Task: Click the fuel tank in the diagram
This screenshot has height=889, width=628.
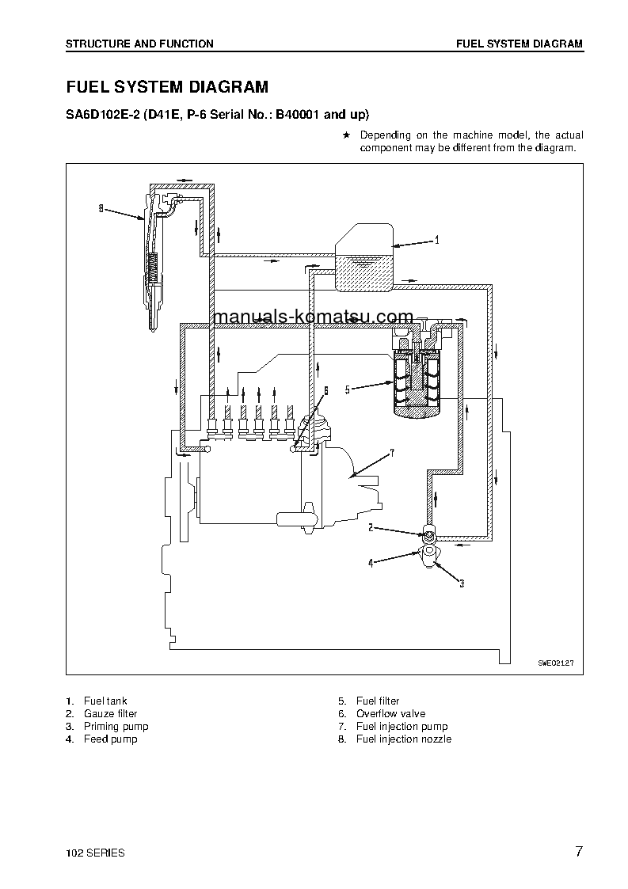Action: (363, 257)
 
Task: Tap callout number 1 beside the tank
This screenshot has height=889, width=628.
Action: (436, 238)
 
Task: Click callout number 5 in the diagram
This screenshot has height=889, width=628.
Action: (347, 389)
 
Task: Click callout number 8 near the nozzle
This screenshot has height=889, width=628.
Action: (101, 209)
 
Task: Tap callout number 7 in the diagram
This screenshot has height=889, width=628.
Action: (391, 453)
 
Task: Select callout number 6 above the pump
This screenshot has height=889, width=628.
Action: (325, 390)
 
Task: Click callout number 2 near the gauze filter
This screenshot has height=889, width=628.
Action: (370, 526)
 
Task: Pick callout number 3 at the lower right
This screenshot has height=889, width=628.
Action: (462, 584)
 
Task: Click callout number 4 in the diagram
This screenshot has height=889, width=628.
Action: (370, 564)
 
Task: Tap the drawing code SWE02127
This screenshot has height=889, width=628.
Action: (554, 663)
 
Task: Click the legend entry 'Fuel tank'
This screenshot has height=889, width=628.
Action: (105, 701)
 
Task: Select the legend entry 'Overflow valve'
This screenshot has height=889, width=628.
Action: (391, 713)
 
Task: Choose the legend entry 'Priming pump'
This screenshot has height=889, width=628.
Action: (116, 726)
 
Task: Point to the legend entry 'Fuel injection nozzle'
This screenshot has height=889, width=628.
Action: (404, 739)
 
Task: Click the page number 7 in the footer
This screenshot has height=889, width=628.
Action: (579, 852)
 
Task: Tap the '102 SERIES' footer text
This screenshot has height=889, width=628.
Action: (95, 853)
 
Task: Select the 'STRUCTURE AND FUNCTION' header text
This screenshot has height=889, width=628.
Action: (139, 44)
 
